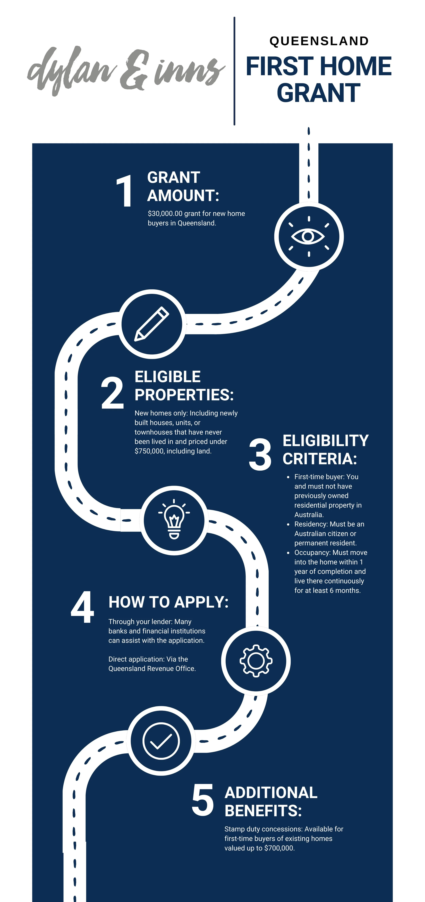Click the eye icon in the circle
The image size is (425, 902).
pyautogui.click(x=308, y=237)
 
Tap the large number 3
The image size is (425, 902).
pyautogui.click(x=260, y=455)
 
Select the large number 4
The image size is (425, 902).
pyautogui.click(x=83, y=607)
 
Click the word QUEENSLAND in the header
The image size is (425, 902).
pyautogui.click(x=319, y=41)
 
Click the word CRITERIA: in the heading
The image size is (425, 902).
pyautogui.click(x=320, y=459)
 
